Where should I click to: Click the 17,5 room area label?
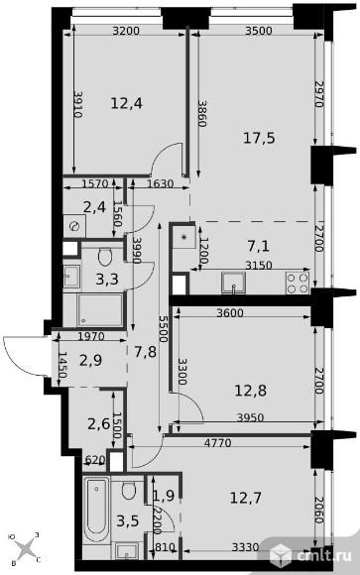259,138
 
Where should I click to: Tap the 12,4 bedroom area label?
126,103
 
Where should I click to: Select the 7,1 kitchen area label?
259,246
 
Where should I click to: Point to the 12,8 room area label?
251,391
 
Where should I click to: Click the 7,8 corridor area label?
146,352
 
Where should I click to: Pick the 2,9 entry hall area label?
90,360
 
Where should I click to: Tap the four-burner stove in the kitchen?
298,284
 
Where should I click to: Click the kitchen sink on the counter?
233,284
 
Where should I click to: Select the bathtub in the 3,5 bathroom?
96,511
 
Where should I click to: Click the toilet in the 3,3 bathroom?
105,257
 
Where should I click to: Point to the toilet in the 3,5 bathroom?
129,491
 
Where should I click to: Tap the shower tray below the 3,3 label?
100,310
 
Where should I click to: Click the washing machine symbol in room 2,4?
74,226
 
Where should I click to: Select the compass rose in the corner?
26,549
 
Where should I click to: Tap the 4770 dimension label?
217,443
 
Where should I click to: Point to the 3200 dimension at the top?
126,31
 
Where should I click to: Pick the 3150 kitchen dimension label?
259,266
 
